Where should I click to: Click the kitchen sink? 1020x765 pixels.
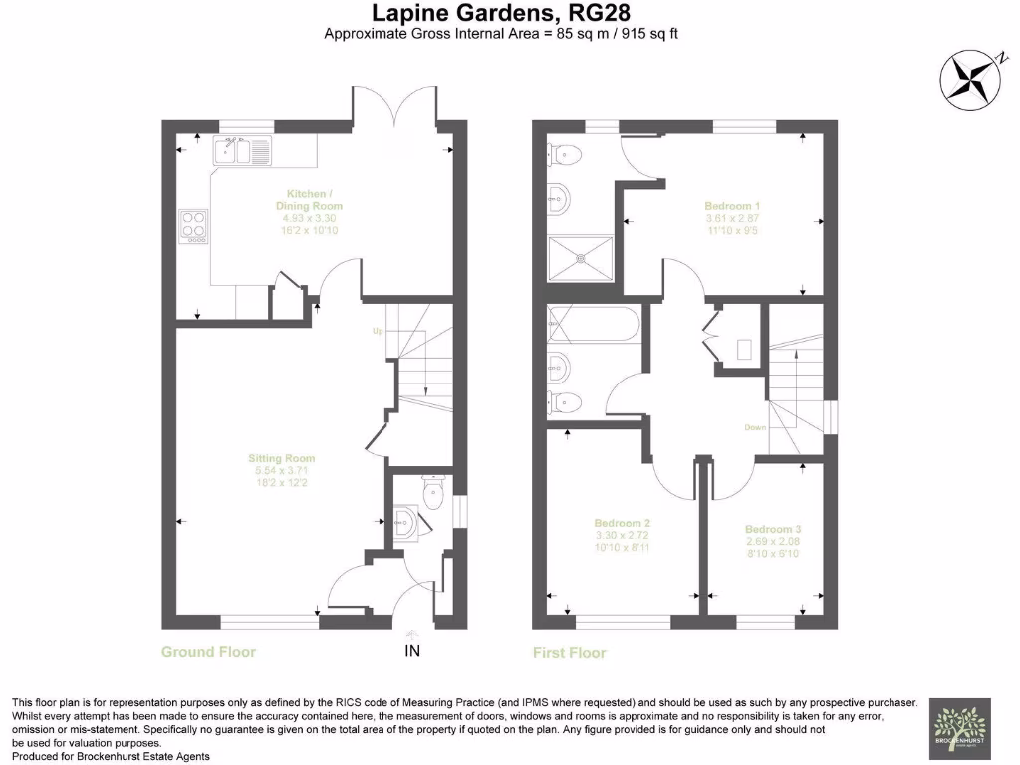tap(241, 152)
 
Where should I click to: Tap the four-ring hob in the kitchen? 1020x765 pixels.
tap(193, 226)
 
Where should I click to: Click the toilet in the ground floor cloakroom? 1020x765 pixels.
tap(432, 493)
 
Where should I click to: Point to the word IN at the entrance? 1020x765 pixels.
tap(412, 652)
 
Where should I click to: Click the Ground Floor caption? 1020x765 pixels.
tap(208, 652)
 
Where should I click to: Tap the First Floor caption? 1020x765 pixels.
tap(569, 653)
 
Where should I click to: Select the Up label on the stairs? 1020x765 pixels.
tap(378, 330)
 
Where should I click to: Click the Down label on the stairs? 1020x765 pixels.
tap(754, 428)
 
